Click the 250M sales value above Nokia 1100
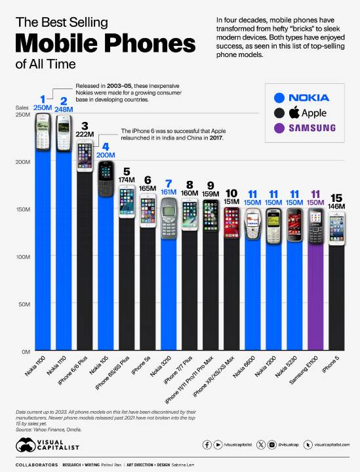pos(42,108)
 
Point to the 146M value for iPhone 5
pos(336,206)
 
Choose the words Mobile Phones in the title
pos(105,44)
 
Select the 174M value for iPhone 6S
pos(127,179)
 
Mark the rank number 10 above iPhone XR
pos(231,193)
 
